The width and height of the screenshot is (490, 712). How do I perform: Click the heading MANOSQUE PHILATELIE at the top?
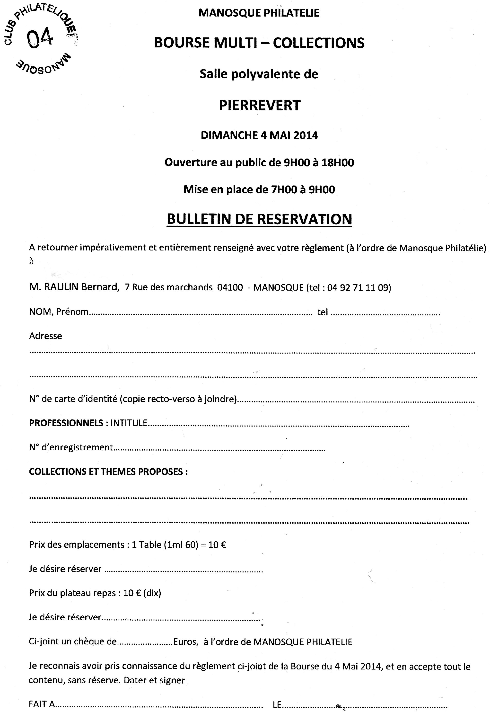tap(259, 13)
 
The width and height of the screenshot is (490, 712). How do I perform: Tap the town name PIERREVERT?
tap(259, 105)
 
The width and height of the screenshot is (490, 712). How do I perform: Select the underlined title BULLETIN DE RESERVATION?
tap(259, 219)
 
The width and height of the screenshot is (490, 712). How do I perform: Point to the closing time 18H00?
tap(338, 162)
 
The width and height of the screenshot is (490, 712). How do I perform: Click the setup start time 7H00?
tap(284, 189)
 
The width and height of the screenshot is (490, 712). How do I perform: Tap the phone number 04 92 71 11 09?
tap(358, 287)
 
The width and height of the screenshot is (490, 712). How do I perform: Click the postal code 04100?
tap(230, 287)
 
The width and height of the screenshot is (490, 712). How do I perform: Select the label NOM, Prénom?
tap(59, 312)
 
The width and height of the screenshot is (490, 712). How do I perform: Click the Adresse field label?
tap(45, 336)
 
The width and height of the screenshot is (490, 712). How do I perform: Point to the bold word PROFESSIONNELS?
tap(66, 423)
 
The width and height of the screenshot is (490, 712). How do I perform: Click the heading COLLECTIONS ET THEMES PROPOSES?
tap(108, 472)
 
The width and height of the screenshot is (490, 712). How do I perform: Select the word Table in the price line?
tap(150, 545)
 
